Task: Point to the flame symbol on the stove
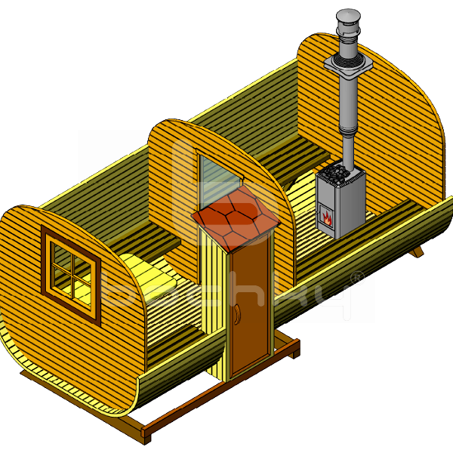(328, 218)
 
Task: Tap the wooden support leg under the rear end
(416, 251)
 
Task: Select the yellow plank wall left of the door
(213, 302)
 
